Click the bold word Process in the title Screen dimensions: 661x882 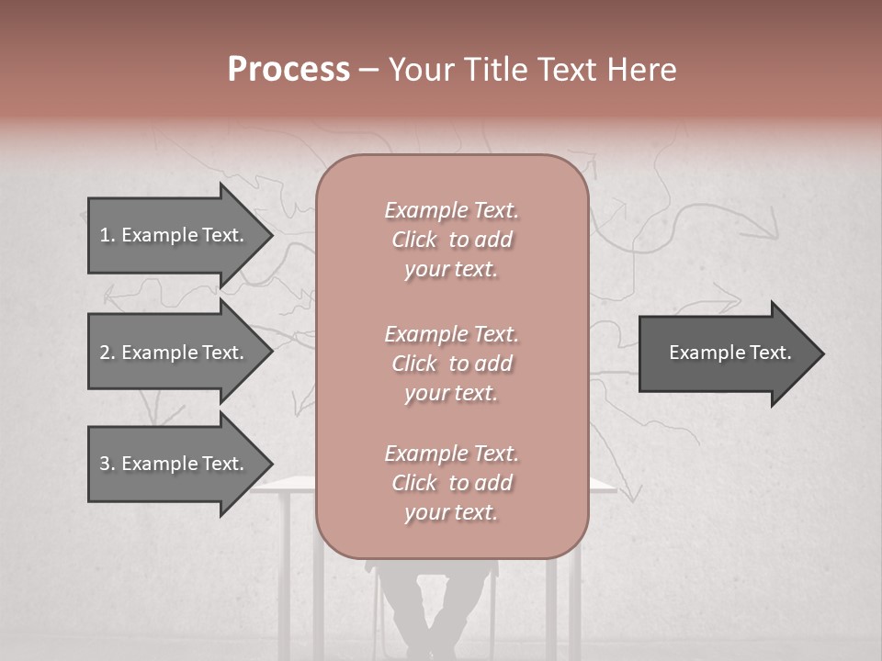pos(288,70)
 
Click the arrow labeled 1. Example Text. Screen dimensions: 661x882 pos(175,235)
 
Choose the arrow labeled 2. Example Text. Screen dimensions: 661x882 pos(175,353)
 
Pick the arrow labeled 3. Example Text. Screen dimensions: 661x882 pos(175,464)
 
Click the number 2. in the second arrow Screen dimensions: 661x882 pos(107,353)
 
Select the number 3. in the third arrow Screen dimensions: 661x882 pos(107,464)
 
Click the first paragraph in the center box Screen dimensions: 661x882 pos(451,240)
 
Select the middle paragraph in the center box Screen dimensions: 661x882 pos(451,364)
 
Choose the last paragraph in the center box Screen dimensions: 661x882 pos(451,483)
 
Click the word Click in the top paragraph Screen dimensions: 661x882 pos(414,240)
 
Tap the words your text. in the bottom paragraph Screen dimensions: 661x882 pos(451,512)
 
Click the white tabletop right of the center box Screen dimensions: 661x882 pos(601,485)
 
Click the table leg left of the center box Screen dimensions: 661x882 pos(285,569)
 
